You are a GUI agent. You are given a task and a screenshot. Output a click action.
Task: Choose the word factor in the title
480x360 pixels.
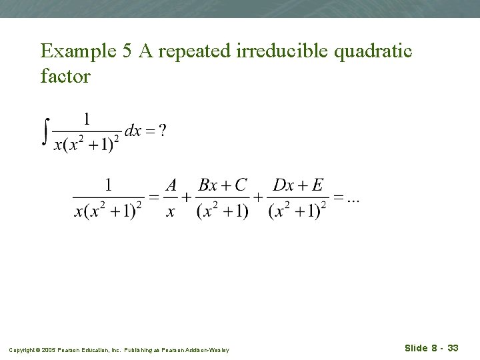click(65, 76)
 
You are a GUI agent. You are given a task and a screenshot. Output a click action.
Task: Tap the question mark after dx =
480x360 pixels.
click(162, 131)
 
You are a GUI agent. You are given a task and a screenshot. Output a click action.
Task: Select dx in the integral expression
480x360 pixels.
click(133, 131)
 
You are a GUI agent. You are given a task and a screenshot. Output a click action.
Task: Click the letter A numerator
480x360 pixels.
click(171, 185)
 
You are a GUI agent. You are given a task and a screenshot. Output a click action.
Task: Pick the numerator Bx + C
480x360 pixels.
click(223, 185)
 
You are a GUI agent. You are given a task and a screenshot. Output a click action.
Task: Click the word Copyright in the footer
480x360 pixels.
click(22, 349)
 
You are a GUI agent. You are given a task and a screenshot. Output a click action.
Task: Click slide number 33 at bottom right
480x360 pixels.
click(453, 348)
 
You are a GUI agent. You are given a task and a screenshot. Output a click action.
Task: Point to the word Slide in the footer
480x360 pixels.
click(416, 348)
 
